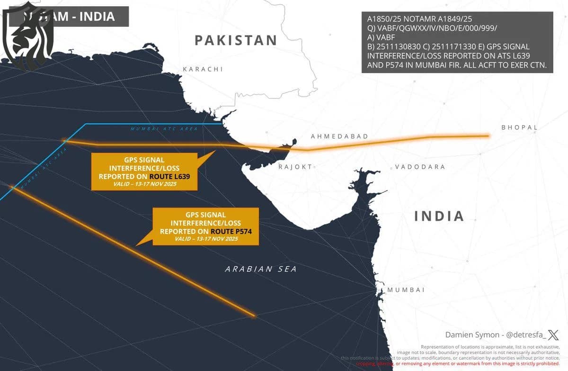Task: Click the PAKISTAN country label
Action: [236, 40]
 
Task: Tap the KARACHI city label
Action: [203, 69]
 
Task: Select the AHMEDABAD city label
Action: [339, 136]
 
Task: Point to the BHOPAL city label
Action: [519, 127]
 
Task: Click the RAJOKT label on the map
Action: [295, 167]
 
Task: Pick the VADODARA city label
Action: [420, 167]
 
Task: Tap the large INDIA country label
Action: [439, 216]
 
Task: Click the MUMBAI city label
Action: [406, 290]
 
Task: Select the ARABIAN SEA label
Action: [261, 269]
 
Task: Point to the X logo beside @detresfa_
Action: [553, 335]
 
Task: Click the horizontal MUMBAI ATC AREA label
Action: [164, 128]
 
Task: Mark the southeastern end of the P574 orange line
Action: [254, 315]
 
